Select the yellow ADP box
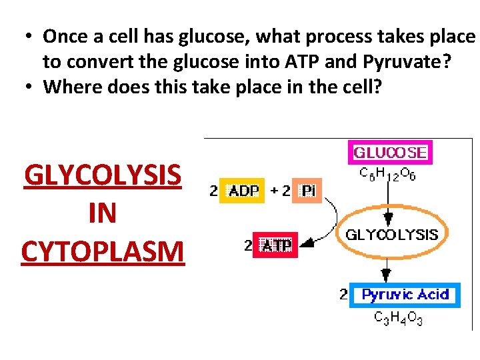point(241,191)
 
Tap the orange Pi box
point(307,191)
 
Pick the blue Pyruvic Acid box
point(405,295)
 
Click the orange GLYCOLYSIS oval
point(391,235)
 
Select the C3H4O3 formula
point(399,319)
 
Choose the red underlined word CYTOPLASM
point(102,251)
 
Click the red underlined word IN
point(102,213)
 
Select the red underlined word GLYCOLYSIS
point(102,176)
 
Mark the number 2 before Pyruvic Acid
point(343,294)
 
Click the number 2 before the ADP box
point(213,191)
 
